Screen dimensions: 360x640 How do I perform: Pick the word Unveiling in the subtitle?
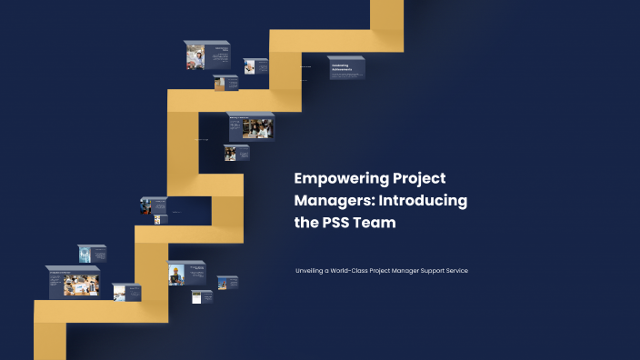click(x=311, y=271)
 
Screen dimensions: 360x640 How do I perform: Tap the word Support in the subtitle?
click(x=433, y=271)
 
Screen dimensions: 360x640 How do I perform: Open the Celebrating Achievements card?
click(x=345, y=69)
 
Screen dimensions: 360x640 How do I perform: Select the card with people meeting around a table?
click(x=73, y=283)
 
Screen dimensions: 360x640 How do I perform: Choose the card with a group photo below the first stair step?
click(x=250, y=126)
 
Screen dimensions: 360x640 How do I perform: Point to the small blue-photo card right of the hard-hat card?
click(x=226, y=283)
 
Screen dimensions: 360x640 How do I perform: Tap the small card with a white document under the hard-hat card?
click(x=201, y=296)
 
